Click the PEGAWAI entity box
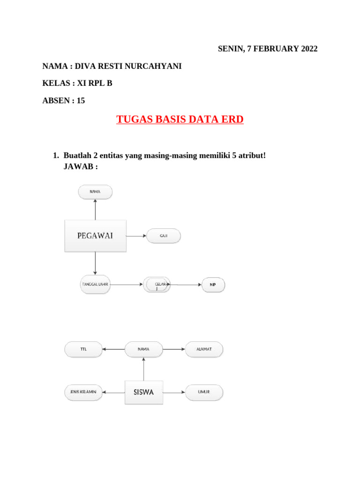pos(95,236)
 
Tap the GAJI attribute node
pos(164,236)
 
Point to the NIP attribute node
pos(213,285)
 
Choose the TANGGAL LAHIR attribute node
pos(95,285)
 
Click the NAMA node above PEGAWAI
pos(95,191)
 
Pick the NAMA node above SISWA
pos(144,349)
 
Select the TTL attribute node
pos(83,349)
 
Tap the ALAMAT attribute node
pos(204,349)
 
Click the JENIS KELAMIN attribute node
pos(83,392)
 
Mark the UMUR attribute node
pos(204,392)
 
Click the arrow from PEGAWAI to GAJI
pos(136,236)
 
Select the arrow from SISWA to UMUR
pos(174,392)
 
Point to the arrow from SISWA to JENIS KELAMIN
pos(114,392)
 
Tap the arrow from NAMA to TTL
pos(113,349)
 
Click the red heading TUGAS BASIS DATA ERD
pos(180,120)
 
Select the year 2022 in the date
pos(308,49)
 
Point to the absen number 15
pos(81,100)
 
